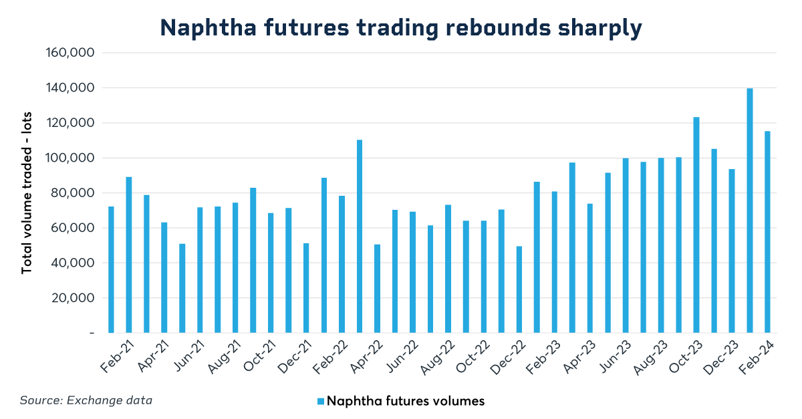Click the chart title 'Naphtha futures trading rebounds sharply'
coord(401,27)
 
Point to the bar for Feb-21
coord(129,255)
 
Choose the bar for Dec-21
coord(306,288)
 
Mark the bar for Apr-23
coord(589,268)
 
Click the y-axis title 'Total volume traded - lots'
coord(27,193)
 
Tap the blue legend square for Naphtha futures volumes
coord(320,401)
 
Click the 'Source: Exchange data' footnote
coord(86,400)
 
